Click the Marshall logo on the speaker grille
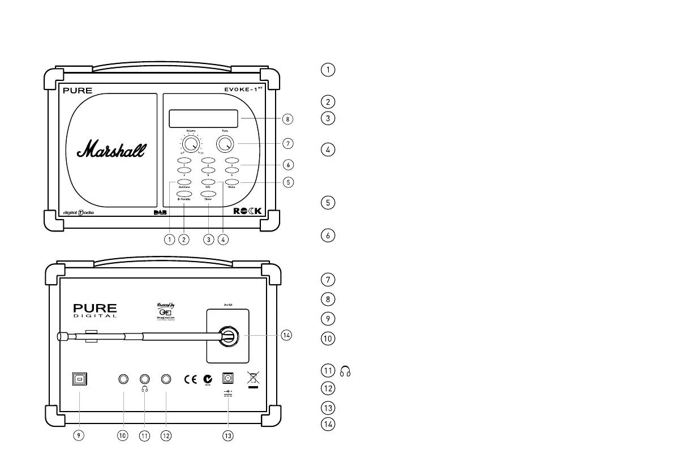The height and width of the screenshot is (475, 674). pyautogui.click(x=111, y=149)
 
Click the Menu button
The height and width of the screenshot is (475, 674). pyautogui.click(x=232, y=182)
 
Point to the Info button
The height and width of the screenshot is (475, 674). pyautogui.click(x=208, y=182)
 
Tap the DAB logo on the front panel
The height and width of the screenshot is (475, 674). pyautogui.click(x=161, y=212)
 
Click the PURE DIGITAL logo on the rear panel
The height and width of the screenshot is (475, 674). pyautogui.click(x=95, y=310)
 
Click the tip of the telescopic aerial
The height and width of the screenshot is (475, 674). pyautogui.click(x=61, y=336)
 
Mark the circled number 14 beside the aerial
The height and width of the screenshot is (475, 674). pyautogui.click(x=287, y=334)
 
